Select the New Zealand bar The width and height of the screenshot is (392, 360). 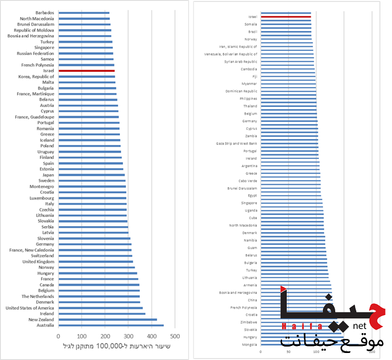(107, 320)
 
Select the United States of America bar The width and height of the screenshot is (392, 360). (100, 308)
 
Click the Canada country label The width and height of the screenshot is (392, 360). (47, 285)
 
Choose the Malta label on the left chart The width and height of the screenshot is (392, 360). (48, 82)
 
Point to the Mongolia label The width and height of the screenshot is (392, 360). (249, 344)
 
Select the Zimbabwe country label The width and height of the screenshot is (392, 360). (249, 322)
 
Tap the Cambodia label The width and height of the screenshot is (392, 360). (249, 69)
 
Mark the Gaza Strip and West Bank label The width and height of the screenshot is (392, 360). (236, 143)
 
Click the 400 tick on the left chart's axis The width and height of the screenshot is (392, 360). (152, 337)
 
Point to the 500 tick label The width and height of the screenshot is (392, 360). (175, 337)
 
